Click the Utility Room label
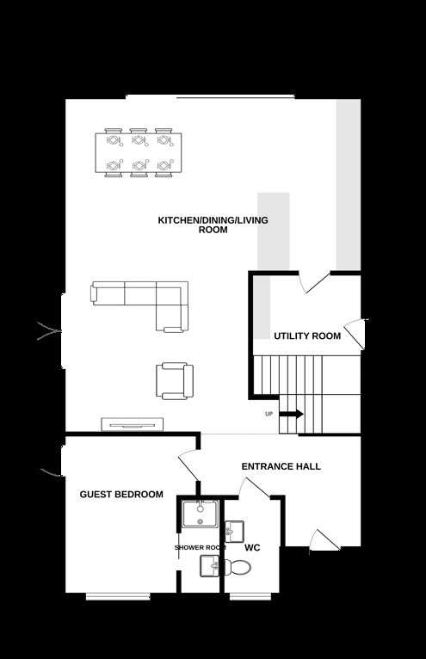307,336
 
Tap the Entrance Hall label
281,466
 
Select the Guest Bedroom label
121,495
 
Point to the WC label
252,548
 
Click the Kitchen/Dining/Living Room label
213,225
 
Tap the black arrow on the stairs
291,414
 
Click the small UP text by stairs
269,414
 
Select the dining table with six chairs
139,152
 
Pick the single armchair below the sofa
175,381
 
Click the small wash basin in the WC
234,532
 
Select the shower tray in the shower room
201,513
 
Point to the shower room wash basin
209,566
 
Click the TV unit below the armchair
132,424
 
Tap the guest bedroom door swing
188,466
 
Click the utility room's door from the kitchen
314,282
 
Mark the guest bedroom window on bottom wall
118,595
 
